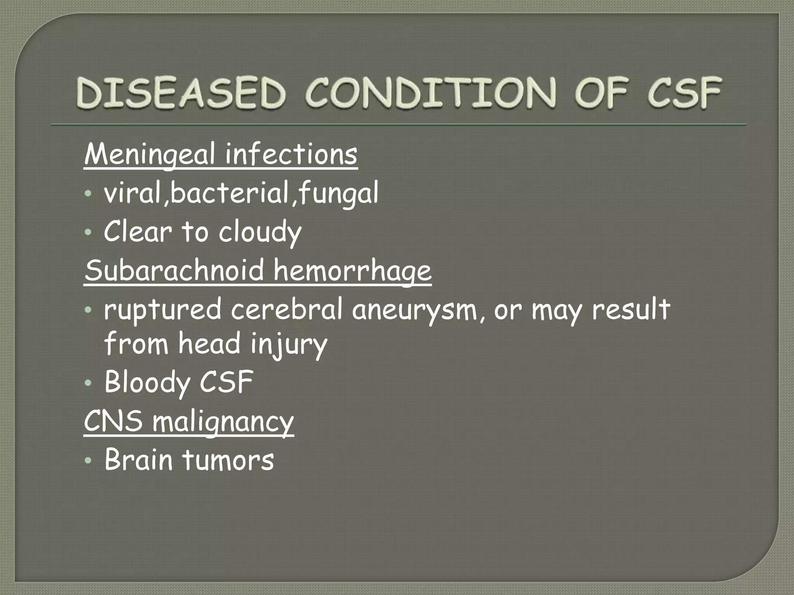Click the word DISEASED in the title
pos(180,93)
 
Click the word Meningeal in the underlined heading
pos(149,155)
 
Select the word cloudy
pos(260,232)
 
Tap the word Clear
pos(138,231)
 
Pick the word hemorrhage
pos(353,271)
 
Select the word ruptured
pos(162,310)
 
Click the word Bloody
pos(147,382)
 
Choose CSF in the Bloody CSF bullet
pos(226,382)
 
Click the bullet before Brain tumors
pos(88,461)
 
